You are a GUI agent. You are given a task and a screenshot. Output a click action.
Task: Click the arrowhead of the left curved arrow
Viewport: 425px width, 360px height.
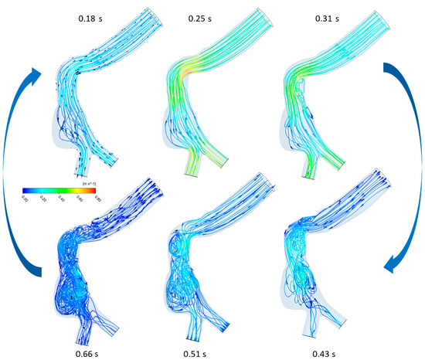point(34,74)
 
